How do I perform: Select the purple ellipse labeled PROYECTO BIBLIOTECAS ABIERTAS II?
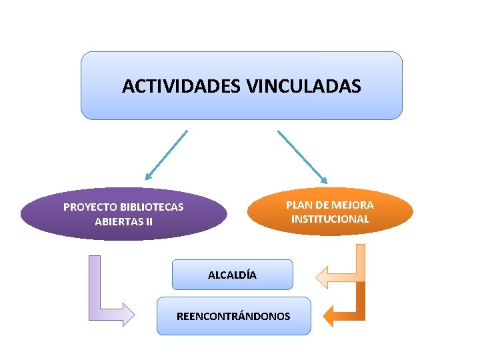pyautogui.click(x=123, y=213)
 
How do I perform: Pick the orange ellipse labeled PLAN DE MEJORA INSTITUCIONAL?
pyautogui.click(x=329, y=211)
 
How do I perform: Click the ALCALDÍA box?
pyautogui.click(x=232, y=275)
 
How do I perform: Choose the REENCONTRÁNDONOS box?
pyautogui.click(x=233, y=316)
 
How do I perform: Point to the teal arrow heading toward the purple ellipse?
pyautogui.click(x=167, y=155)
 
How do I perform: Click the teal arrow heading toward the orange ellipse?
pyautogui.click(x=302, y=156)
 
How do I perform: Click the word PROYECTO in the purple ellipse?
pyautogui.click(x=87, y=207)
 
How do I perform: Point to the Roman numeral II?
pyautogui.click(x=149, y=221)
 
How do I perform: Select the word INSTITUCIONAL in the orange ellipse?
pyautogui.click(x=329, y=219)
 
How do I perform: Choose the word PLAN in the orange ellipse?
pyautogui.click(x=298, y=205)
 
